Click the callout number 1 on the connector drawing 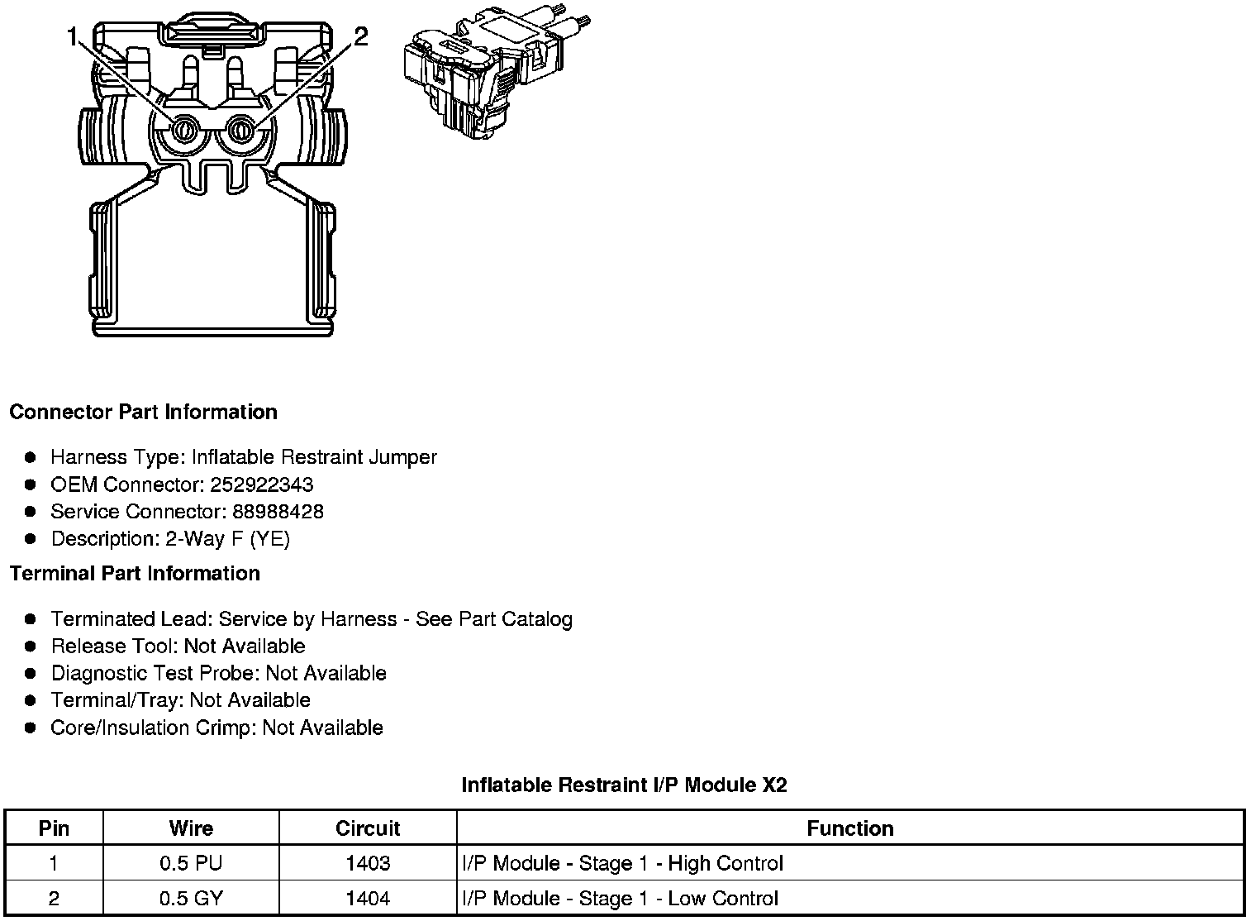pos(74,37)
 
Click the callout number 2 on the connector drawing pos(360,36)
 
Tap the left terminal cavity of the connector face pos(183,129)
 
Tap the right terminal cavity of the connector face pos(241,129)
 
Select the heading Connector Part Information pos(143,412)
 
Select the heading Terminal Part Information pos(135,573)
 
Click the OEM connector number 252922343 pos(255,484)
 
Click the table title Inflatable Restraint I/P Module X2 pos(624,785)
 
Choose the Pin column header pos(55,828)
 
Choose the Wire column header pos(191,828)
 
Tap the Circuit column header pos(368,828)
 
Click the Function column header pos(850,828)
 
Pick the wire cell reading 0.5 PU pos(191,863)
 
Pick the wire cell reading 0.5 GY pos(191,899)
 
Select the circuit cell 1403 pos(368,863)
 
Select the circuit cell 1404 pos(368,899)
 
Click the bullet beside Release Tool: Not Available pos(31,647)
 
